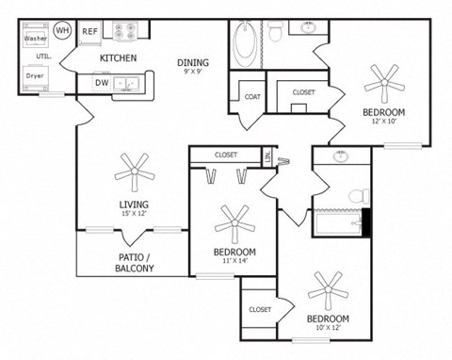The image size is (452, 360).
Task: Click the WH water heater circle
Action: click(63, 31)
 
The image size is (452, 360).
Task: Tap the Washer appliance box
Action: click(36, 39)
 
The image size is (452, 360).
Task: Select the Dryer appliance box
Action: click(36, 74)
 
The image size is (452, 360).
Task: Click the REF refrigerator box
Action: click(90, 31)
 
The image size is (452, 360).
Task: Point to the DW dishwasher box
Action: click(102, 82)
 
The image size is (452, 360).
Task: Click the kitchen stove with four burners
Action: click(125, 30)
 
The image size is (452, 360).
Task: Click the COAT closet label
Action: click(252, 96)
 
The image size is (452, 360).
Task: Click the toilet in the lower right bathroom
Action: click(357, 197)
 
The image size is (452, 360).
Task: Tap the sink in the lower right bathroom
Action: click(338, 157)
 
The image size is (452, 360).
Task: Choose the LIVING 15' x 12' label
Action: click(133, 209)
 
